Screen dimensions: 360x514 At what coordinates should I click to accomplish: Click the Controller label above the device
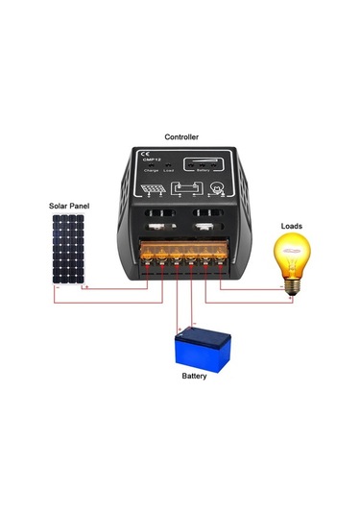point(182,137)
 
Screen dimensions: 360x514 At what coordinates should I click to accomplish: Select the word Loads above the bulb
point(291,226)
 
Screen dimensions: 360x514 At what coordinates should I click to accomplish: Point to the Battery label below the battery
point(194,376)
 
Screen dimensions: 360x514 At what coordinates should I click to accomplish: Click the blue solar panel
point(67,248)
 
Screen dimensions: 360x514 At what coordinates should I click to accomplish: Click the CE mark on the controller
point(145,154)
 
